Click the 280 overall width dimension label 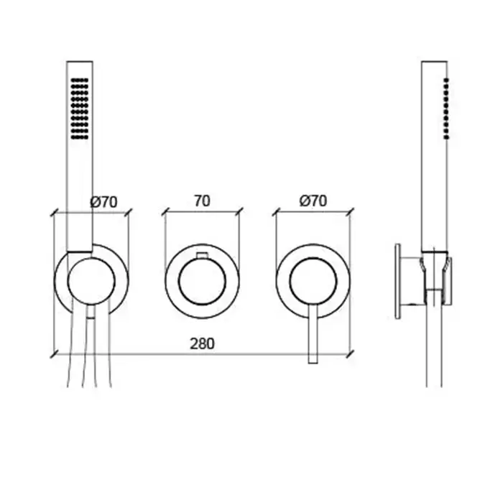point(202,344)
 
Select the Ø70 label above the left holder point(103,202)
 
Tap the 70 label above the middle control point(202,201)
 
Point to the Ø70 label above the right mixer point(313,201)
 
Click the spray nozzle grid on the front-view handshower point(80,109)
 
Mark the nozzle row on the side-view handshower point(446,109)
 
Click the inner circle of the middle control point(202,282)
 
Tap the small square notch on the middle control point(202,255)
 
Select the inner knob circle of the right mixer point(313,281)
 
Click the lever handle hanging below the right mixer point(313,333)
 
